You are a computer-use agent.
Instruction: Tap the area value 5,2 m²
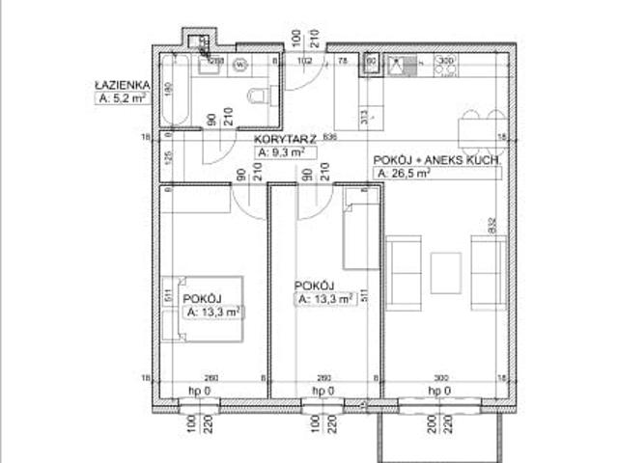click(x=121, y=96)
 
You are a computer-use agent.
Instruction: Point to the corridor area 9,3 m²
click(x=282, y=152)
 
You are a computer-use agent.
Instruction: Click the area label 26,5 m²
click(x=402, y=174)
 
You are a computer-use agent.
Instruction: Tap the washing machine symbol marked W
click(x=237, y=67)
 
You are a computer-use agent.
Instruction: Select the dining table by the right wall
click(x=473, y=128)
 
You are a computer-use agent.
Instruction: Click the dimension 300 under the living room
click(x=441, y=377)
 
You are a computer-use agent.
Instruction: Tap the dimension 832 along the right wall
click(x=492, y=227)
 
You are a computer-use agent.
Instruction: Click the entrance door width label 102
click(x=305, y=60)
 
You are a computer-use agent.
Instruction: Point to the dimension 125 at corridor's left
click(x=168, y=160)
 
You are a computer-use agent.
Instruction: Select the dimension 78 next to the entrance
click(x=342, y=60)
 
